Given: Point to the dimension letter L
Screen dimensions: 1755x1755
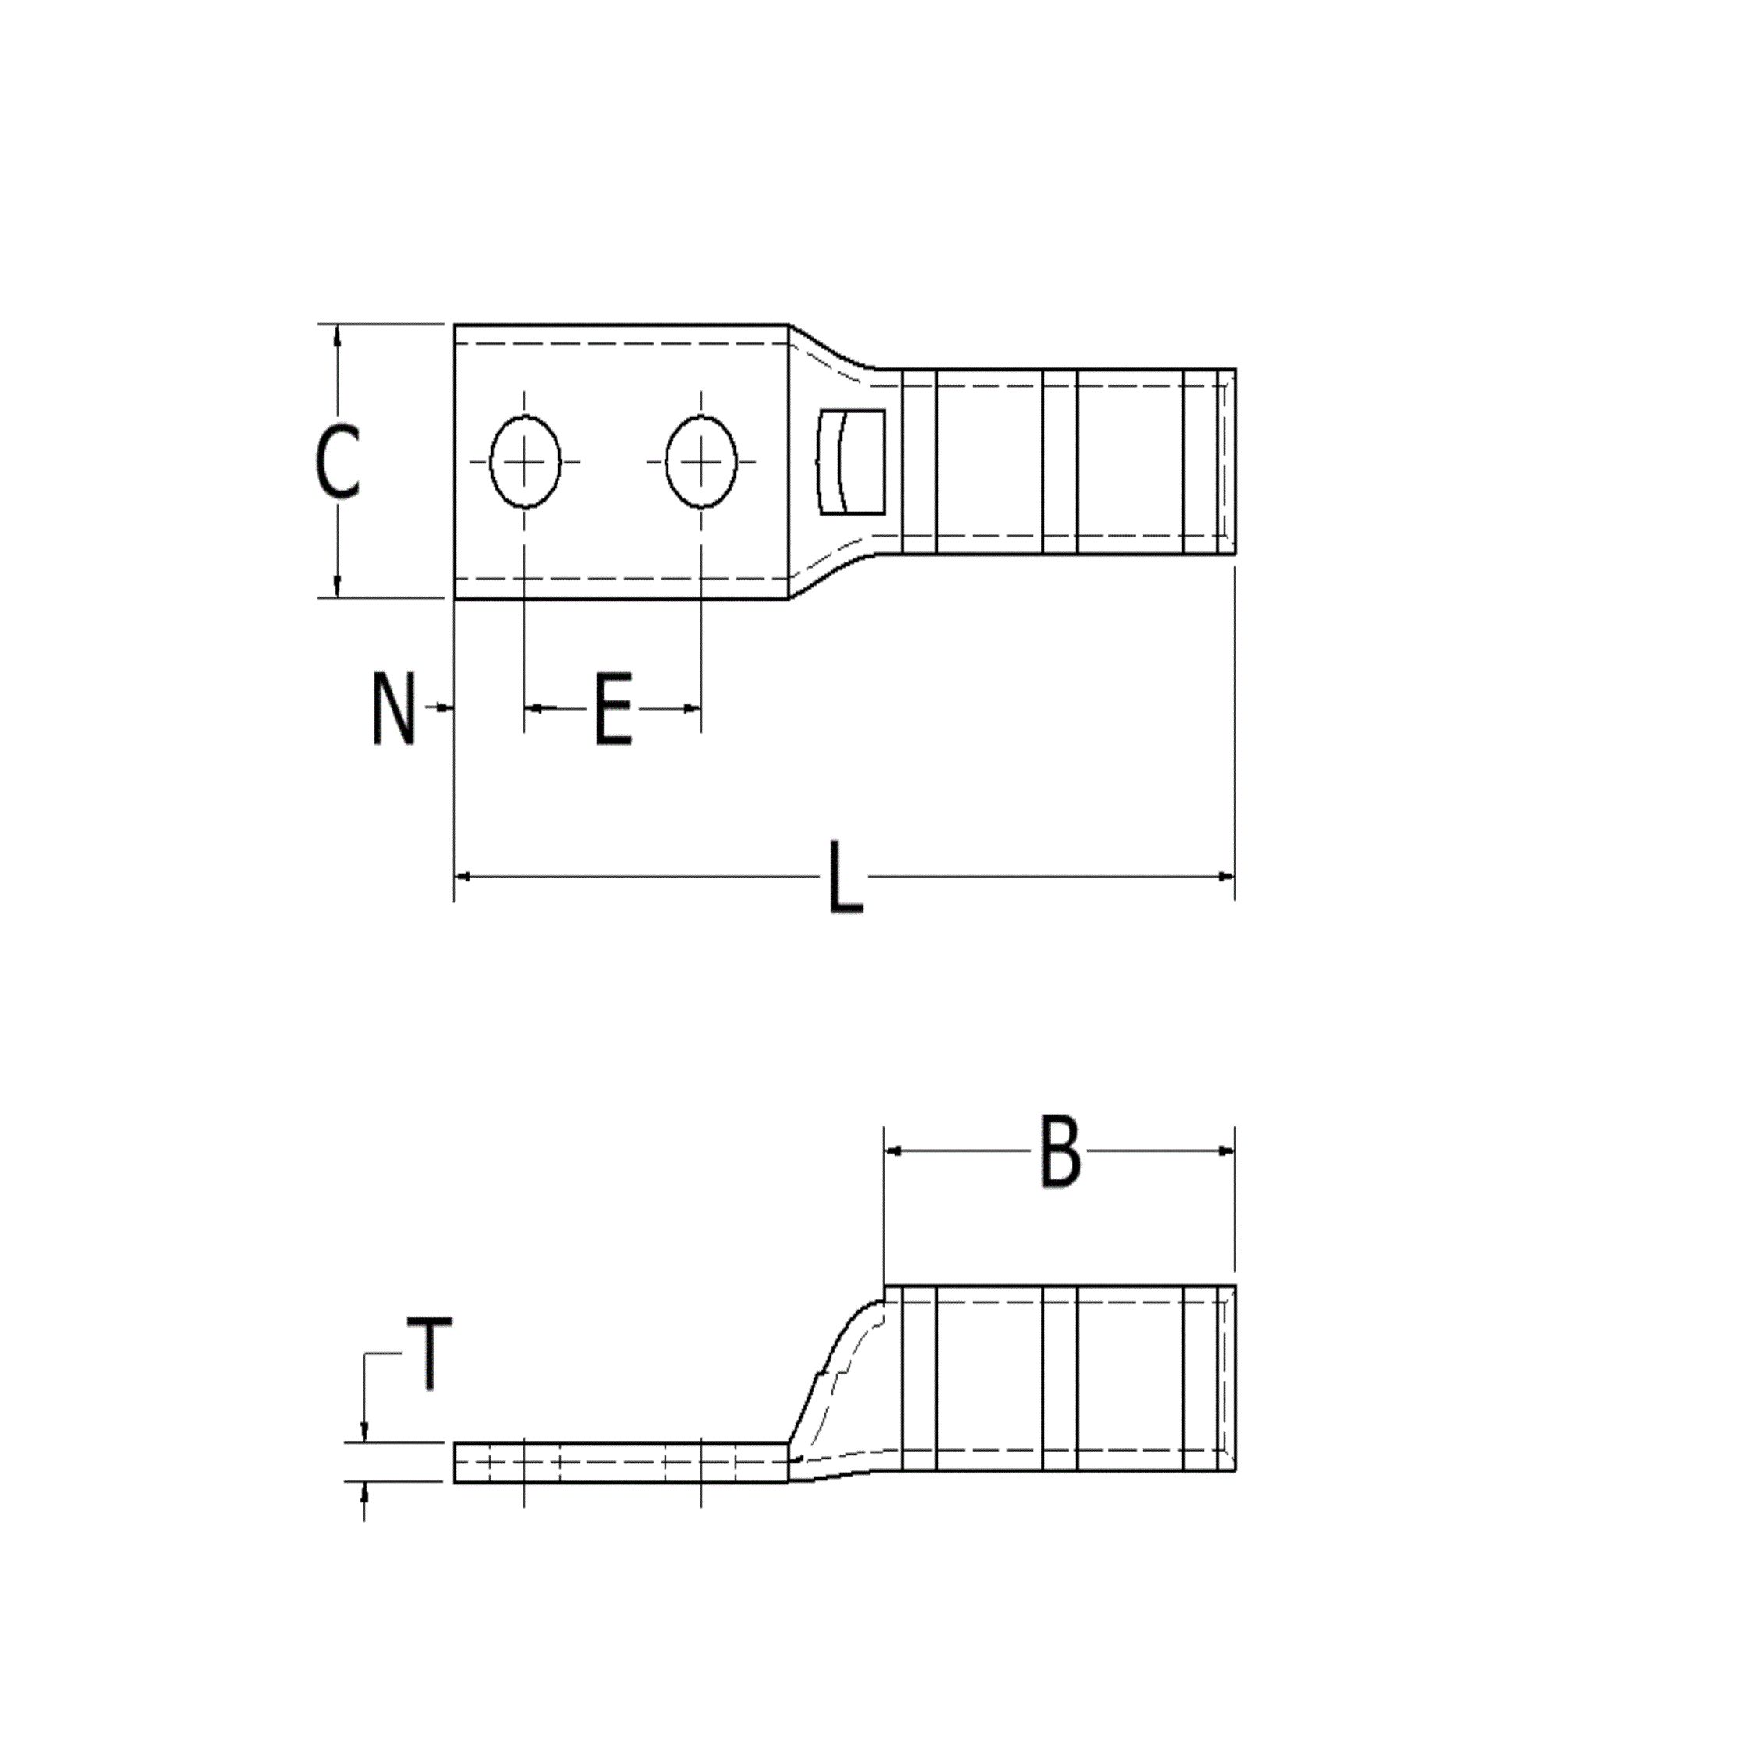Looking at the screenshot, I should [845, 877].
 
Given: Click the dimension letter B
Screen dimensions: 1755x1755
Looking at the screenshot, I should [1059, 1153].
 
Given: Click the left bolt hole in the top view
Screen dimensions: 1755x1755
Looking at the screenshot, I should [525, 462].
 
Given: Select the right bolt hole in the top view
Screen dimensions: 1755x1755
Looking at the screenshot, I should [700, 462].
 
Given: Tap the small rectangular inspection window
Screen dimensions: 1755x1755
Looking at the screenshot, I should [851, 462].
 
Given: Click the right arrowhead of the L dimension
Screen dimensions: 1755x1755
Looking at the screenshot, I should [1226, 877].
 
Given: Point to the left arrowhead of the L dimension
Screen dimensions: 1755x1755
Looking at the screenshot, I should [462, 877].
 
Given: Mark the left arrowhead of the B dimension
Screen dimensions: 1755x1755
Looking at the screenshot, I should [893, 1151].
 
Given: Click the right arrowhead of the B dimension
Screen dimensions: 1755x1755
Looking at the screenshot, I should [1226, 1151].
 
